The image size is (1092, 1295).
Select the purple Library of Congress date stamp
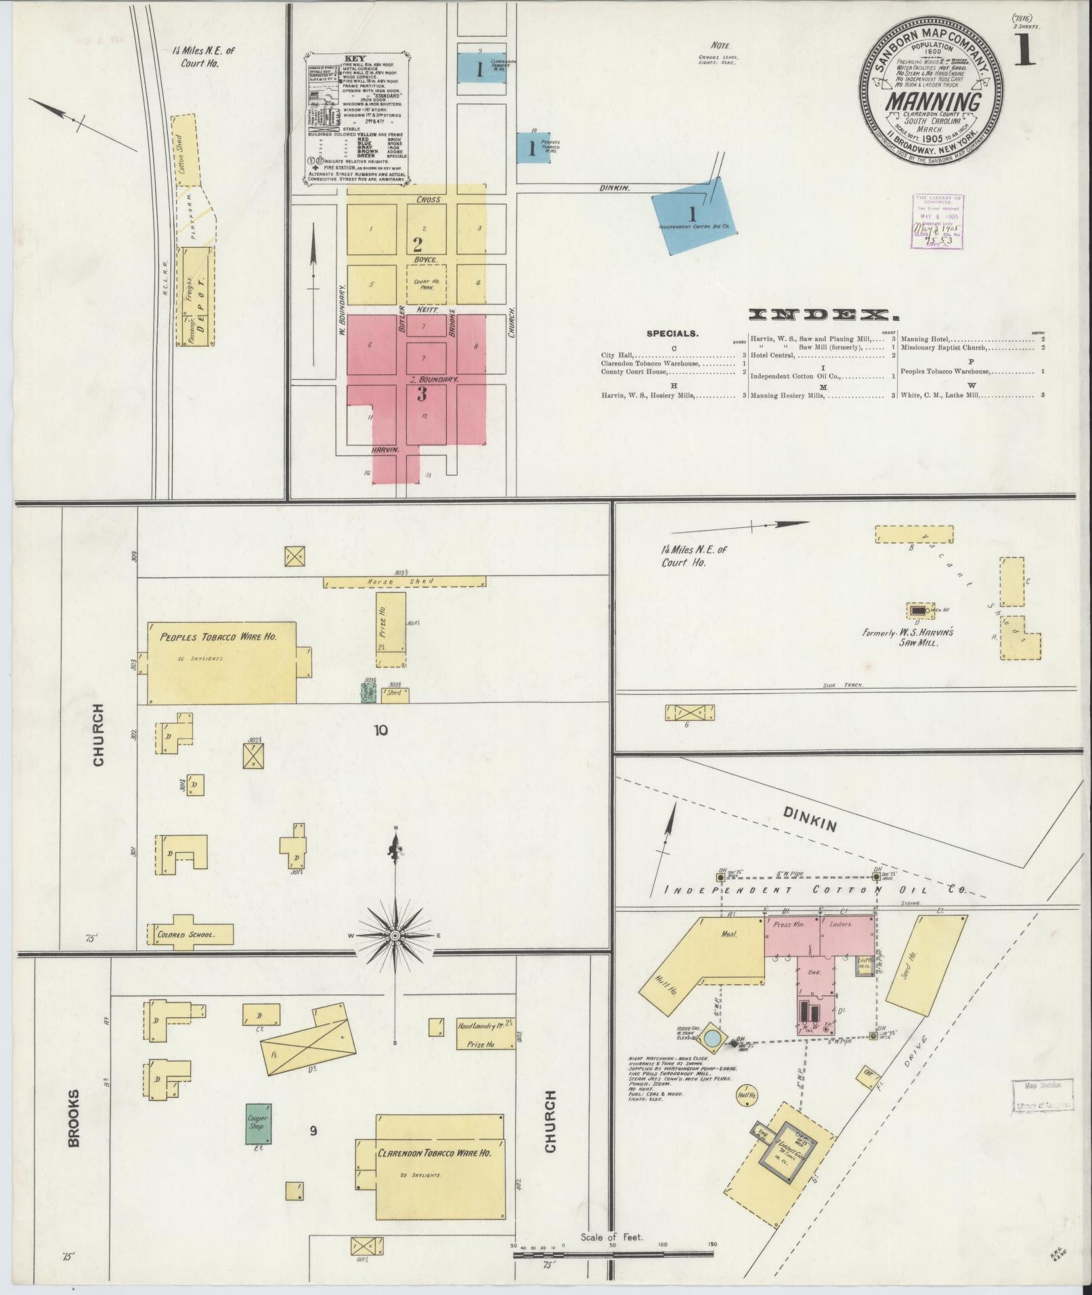[x=938, y=221]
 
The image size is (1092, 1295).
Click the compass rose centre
[x=395, y=936]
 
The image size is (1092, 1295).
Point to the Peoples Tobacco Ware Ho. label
[x=218, y=637]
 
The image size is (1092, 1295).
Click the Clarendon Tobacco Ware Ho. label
[x=433, y=1152]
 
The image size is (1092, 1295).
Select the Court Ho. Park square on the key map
[x=426, y=284]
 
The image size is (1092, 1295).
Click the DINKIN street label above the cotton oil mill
[x=808, y=822]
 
